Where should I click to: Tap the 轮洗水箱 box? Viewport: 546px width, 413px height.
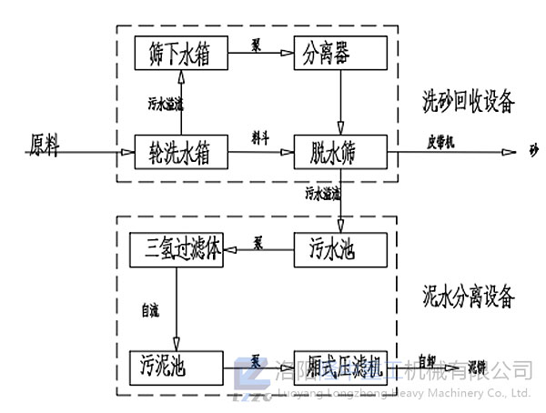180,152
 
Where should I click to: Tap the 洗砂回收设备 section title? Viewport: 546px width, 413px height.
468,100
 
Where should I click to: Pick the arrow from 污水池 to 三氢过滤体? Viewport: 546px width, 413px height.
258,250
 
